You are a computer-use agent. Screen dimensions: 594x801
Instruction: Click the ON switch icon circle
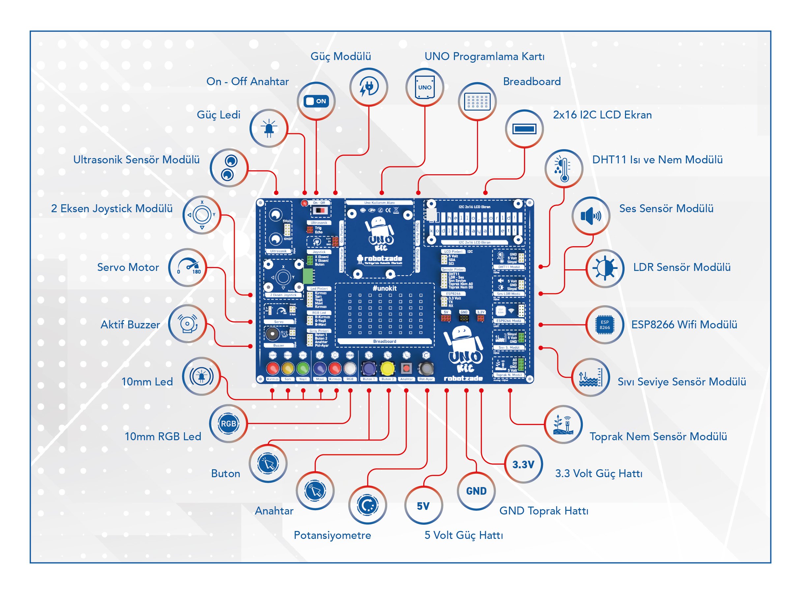coord(316,101)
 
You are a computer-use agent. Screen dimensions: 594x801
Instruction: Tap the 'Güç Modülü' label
coord(340,56)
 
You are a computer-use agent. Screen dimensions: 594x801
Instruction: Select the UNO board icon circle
coord(425,87)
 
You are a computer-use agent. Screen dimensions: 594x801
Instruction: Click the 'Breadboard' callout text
coord(531,82)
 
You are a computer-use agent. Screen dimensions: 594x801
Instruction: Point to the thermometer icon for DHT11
coord(563,168)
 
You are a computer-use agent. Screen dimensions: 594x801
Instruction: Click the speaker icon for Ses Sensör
coord(590,216)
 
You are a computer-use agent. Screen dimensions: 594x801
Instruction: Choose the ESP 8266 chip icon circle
coord(605,325)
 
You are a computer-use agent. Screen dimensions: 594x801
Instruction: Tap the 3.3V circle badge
coord(523,464)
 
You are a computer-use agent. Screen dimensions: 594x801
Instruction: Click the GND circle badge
coord(476,491)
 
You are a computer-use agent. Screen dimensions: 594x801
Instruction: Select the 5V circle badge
coord(423,506)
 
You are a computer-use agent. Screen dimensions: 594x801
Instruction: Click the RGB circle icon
coord(228,424)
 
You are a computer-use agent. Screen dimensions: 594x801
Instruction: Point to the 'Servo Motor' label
coord(128,267)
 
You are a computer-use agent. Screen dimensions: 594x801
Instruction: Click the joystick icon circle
coord(201,215)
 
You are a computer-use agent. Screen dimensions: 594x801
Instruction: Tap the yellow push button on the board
coord(387,368)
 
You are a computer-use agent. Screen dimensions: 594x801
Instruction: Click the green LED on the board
coord(303,368)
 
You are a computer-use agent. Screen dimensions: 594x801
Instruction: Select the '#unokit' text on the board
coord(384,288)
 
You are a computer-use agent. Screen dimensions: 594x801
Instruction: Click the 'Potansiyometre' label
coord(332,535)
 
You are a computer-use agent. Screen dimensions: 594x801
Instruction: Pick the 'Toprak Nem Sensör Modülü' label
coord(658,437)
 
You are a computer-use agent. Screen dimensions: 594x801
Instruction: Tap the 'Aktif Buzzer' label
coord(130,325)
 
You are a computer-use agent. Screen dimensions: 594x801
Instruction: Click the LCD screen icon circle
coord(524,129)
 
